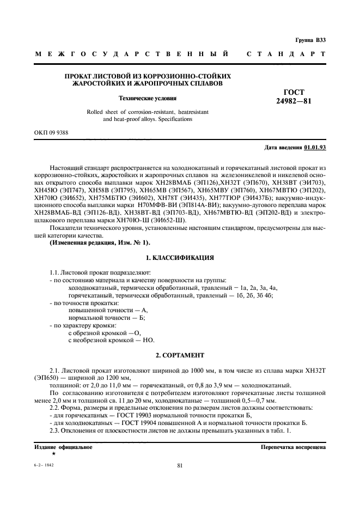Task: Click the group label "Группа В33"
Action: click(310, 40)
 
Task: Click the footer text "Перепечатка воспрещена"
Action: click(293, 447)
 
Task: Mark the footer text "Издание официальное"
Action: click(63, 447)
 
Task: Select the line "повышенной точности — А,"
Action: click(104, 309)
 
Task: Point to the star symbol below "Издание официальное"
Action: click(53, 453)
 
